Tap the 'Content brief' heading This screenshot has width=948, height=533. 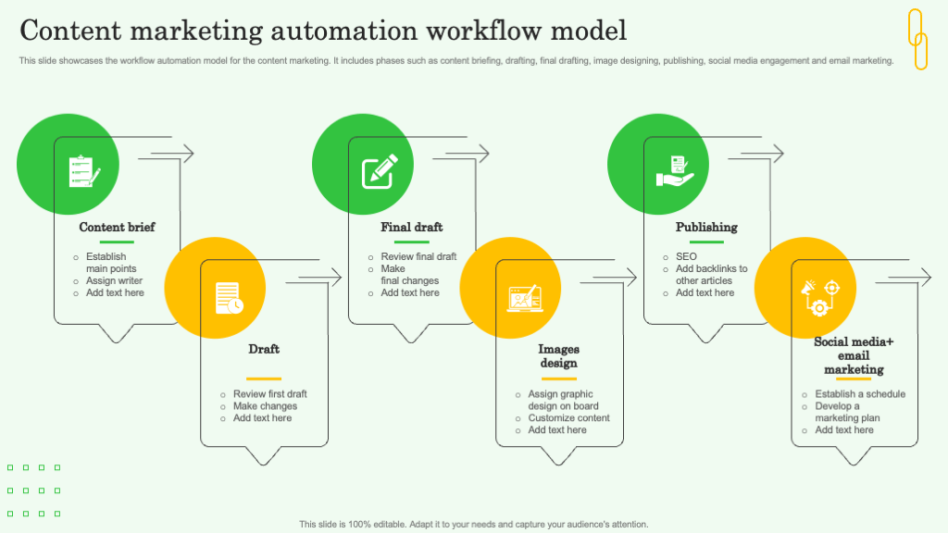click(117, 227)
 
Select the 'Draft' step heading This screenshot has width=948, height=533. click(264, 349)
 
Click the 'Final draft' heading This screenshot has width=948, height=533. click(411, 227)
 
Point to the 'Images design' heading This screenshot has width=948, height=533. click(558, 356)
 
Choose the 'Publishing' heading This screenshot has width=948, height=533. click(706, 227)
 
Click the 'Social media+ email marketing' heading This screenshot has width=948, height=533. click(854, 355)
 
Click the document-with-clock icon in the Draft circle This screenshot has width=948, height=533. click(229, 297)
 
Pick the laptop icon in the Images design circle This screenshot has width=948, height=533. click(525, 298)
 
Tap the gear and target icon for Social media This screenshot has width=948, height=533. click(820, 296)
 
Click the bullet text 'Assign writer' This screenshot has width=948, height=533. click(114, 280)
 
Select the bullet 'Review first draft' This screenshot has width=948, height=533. click(269, 394)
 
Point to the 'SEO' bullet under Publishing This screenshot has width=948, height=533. click(686, 256)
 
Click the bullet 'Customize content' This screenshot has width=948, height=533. click(568, 418)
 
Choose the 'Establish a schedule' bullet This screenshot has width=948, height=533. click(860, 394)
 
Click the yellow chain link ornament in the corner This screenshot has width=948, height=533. click(917, 39)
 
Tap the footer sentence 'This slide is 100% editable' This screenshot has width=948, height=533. click(473, 524)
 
